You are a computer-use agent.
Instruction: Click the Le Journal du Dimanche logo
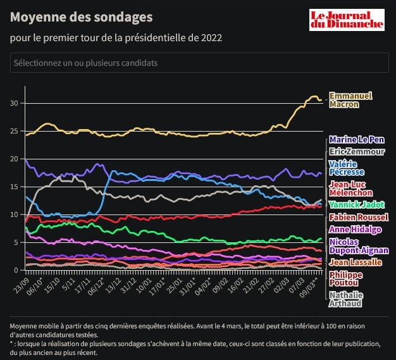pyautogui.click(x=347, y=20)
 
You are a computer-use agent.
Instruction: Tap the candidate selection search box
pyautogui.click(x=199, y=63)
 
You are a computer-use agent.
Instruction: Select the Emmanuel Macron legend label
pyautogui.click(x=351, y=100)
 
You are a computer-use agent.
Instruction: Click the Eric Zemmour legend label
pyautogui.click(x=357, y=152)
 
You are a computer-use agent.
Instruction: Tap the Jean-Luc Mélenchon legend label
pyautogui.click(x=351, y=189)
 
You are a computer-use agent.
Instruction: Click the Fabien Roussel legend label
pyautogui.click(x=359, y=217)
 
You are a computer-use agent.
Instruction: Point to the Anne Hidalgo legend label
pyautogui.click(x=356, y=230)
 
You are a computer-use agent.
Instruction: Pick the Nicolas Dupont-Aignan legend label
pyautogui.click(x=359, y=246)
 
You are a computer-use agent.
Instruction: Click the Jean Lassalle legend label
pyautogui.click(x=356, y=262)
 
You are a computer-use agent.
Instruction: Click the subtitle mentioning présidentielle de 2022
pyautogui.click(x=116, y=38)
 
